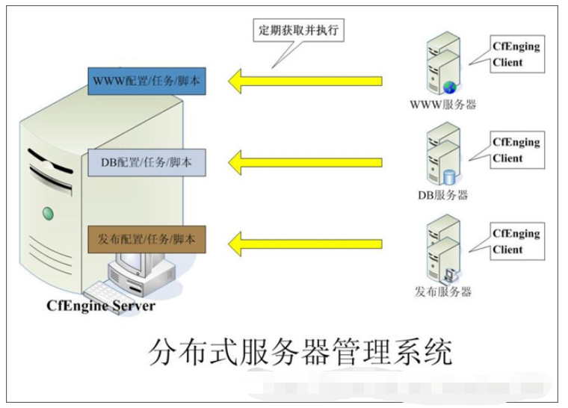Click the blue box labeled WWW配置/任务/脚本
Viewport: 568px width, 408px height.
coord(146,80)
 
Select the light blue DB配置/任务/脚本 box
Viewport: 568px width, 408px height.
coord(146,161)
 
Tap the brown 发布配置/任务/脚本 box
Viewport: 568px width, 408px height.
coord(146,241)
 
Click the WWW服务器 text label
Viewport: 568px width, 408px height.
coord(443,105)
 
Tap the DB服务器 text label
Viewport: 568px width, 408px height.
coord(442,195)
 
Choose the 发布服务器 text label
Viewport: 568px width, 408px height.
coord(443,291)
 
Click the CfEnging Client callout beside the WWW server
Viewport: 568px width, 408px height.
coord(516,55)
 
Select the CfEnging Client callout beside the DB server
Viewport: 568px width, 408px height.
coord(516,150)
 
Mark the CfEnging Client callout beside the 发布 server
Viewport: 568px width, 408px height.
coord(516,241)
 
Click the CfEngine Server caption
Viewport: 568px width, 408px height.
coord(102,306)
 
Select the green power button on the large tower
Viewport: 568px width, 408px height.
coord(49,214)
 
